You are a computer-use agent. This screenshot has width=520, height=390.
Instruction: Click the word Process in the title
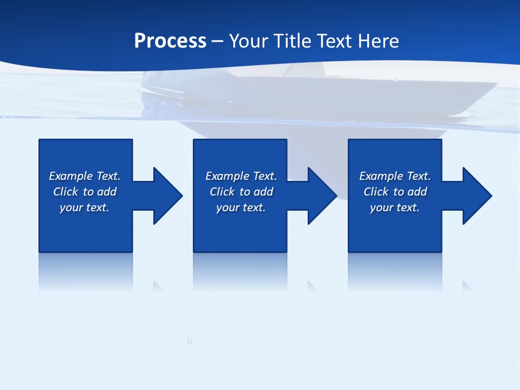[x=170, y=41]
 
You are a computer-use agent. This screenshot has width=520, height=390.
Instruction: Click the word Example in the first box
[x=71, y=176]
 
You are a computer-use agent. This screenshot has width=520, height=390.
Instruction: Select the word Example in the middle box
[x=227, y=176]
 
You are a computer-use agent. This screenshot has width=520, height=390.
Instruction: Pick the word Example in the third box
[x=381, y=176]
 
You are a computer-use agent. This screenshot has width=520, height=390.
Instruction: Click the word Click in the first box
[x=66, y=192]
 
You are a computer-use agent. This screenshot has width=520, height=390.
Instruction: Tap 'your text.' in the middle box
[x=240, y=207]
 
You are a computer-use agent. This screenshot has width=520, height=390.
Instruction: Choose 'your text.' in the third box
[x=394, y=207]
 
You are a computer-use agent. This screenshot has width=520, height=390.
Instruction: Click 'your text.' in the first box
[x=84, y=207]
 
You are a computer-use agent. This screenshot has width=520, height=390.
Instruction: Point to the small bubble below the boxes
[x=190, y=341]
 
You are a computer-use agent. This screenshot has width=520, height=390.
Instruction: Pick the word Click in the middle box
[x=222, y=192]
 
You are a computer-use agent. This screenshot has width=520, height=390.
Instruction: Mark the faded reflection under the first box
[x=86, y=271]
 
